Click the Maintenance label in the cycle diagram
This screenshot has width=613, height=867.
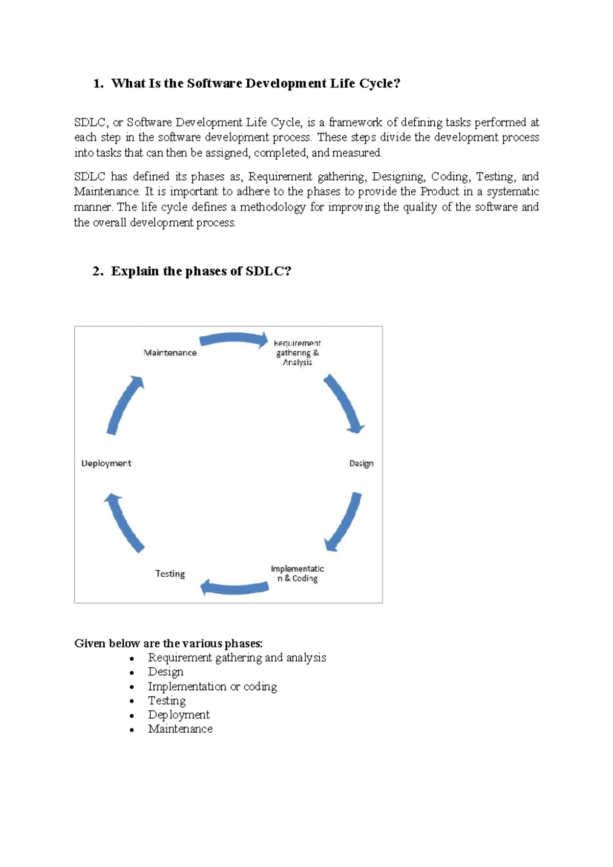click(x=170, y=353)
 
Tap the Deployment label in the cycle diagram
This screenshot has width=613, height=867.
click(x=106, y=463)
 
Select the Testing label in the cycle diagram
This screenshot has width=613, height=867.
click(x=170, y=574)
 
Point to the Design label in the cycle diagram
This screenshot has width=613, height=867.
click(x=361, y=463)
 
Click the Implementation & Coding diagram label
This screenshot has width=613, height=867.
click(x=297, y=574)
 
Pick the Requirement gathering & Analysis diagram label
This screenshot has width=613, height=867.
click(x=297, y=353)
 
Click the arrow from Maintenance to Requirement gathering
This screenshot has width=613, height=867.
click(x=233, y=339)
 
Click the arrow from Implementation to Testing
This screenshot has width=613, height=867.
click(x=234, y=588)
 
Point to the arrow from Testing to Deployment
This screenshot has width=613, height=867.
click(x=124, y=523)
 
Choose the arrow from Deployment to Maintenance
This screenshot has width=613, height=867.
click(x=125, y=405)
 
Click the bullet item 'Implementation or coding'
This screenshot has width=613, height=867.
click(x=213, y=686)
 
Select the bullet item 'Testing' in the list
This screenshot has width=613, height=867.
click(x=167, y=700)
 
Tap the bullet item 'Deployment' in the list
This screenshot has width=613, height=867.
click(x=179, y=715)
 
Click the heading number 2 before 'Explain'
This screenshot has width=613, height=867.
click(x=97, y=271)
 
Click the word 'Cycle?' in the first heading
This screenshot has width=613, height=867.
click(x=380, y=83)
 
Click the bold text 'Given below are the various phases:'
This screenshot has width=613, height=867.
click(x=169, y=643)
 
